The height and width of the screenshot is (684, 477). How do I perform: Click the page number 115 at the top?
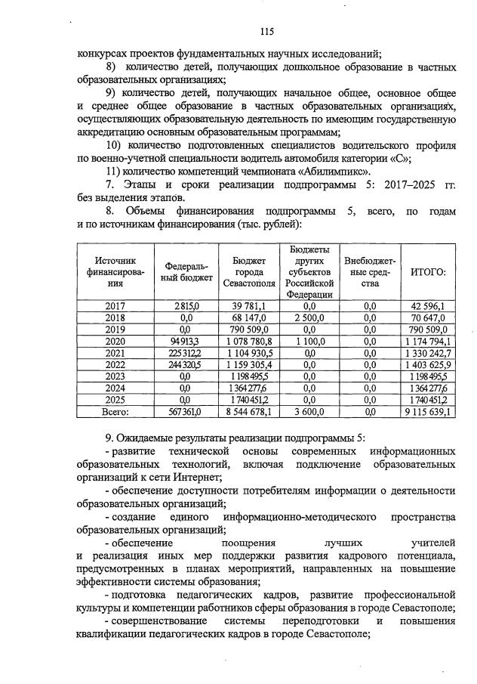point(266,32)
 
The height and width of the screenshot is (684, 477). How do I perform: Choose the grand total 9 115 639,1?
point(427,412)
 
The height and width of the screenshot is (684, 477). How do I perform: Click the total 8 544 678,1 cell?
point(249,412)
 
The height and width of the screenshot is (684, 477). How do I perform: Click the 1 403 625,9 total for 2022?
point(427,364)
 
